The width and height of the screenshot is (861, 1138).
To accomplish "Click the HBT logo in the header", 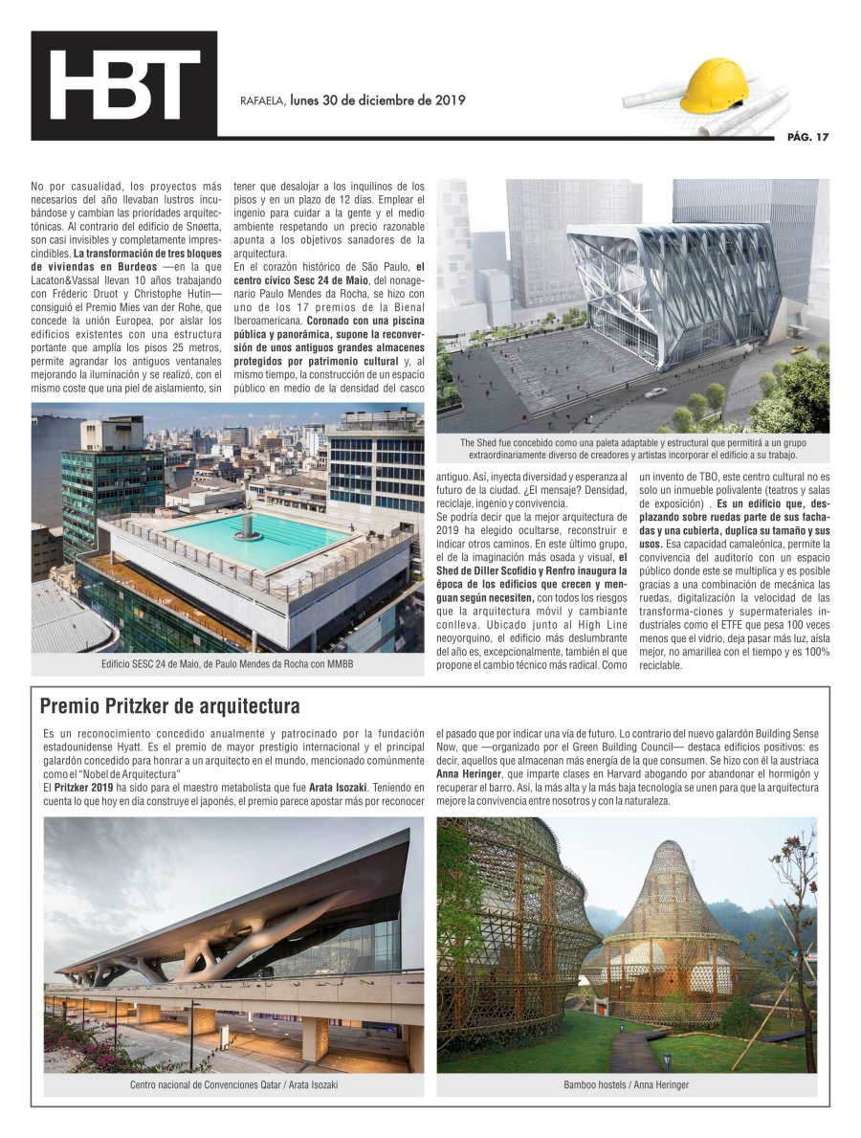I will click(x=123, y=85).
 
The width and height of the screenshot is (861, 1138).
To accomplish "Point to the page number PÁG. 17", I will click(x=807, y=137).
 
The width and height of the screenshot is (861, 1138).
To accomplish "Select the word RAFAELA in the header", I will click(x=261, y=100).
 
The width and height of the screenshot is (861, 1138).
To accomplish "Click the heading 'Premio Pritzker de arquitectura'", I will click(x=170, y=706).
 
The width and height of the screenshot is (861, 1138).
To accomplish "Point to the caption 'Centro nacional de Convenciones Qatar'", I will click(x=234, y=1084).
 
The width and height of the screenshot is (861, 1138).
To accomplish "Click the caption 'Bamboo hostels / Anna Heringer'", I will click(x=627, y=1084).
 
